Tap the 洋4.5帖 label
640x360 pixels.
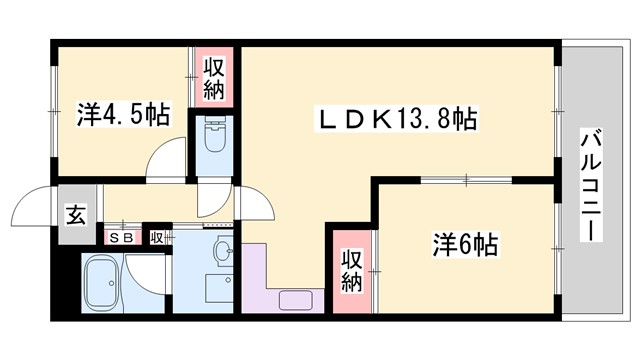click(122, 114)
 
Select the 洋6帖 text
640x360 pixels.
click(466, 244)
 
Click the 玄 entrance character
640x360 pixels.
click(75, 213)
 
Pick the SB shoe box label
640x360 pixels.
click(122, 238)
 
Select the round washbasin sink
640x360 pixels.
click(222, 250)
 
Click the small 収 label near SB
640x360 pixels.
click(157, 238)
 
